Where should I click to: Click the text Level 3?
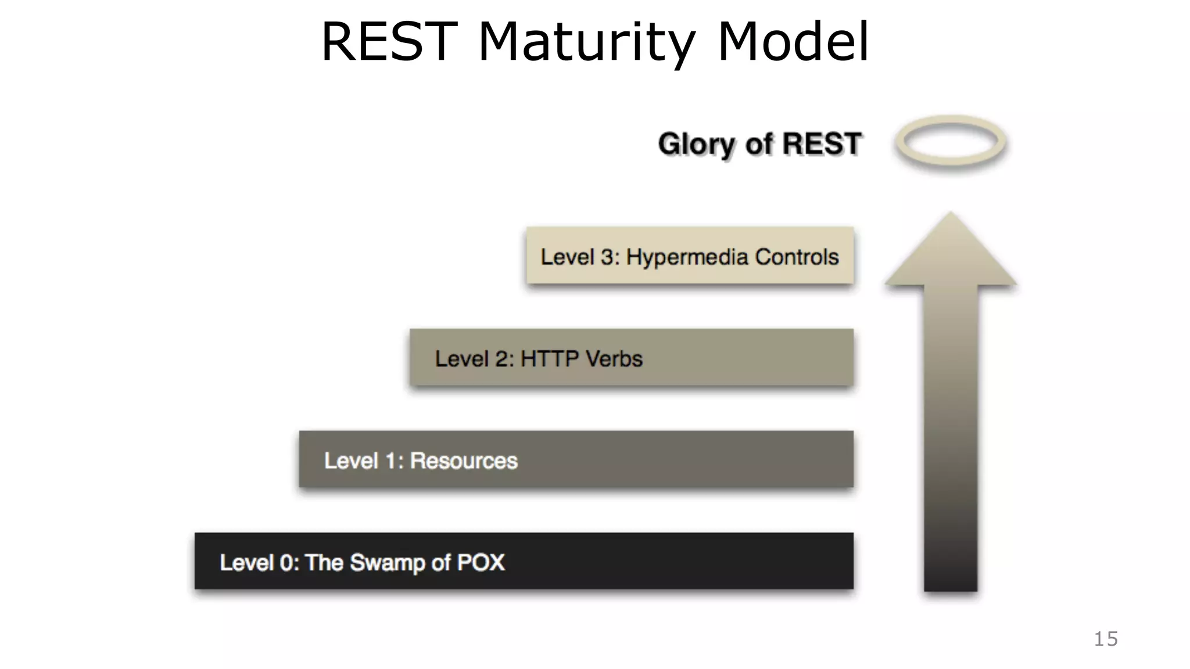coord(580,257)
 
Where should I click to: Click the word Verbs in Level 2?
coord(614,359)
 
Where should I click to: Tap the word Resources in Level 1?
coord(464,461)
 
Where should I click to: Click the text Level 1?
coord(363,461)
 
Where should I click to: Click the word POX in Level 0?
coord(481,562)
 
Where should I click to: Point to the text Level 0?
coord(259,563)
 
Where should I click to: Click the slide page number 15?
coord(1105,639)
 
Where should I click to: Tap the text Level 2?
coord(474,359)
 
